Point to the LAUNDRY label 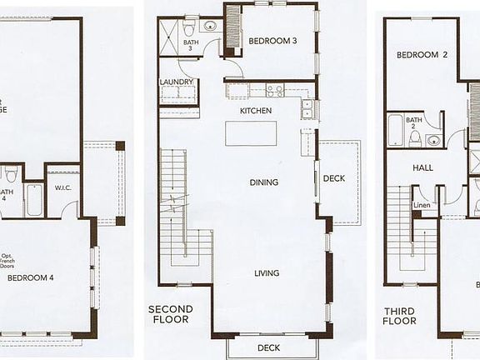point(177,82)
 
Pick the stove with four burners point(275,90)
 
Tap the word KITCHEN point(257,111)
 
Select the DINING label point(263,182)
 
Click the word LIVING point(267,273)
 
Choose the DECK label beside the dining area point(334,178)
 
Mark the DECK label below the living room point(268,347)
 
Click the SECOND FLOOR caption point(171,314)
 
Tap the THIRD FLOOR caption point(400,316)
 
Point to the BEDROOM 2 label point(422,56)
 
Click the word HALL point(423,167)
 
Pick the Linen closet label point(422,205)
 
